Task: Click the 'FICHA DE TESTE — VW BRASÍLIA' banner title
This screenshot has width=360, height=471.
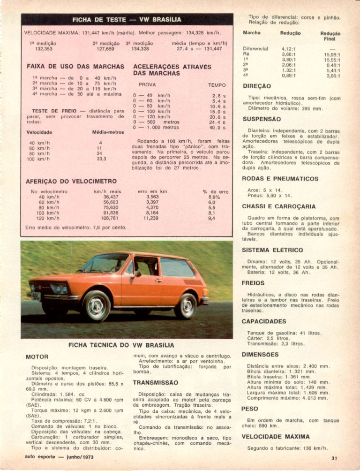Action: [x=127, y=20]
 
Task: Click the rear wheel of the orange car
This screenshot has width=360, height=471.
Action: [x=187, y=305]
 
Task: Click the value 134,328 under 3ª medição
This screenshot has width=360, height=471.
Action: [x=140, y=48]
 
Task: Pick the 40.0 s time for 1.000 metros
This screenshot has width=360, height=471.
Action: [x=218, y=127]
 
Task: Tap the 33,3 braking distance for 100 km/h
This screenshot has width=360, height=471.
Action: [x=100, y=159]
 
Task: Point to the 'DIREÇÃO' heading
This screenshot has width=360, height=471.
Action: [x=256, y=86]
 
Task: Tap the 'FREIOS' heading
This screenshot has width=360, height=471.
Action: [x=254, y=283]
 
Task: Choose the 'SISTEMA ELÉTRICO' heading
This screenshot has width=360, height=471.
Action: [x=272, y=250]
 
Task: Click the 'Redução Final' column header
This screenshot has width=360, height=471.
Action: [x=330, y=37]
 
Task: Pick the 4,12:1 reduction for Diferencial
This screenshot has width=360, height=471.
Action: [x=289, y=48]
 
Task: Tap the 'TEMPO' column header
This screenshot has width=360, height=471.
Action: [x=217, y=85]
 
